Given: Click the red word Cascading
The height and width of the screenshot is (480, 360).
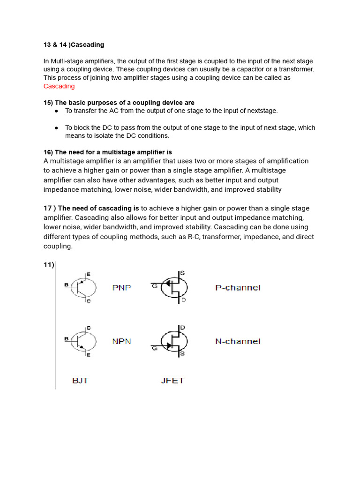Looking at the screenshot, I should [x=59, y=86].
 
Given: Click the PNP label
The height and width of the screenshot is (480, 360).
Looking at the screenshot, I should [x=122, y=287].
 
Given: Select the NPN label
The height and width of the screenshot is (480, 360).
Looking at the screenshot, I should [x=122, y=341].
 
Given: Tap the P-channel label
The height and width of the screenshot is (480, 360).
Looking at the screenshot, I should [x=238, y=287].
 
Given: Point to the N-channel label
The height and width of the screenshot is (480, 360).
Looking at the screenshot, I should [x=238, y=341].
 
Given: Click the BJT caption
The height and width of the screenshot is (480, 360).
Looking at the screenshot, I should [x=80, y=380].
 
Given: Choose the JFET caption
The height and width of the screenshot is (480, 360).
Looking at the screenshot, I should [x=172, y=380].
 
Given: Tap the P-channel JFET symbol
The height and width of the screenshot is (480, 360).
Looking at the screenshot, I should [x=174, y=287].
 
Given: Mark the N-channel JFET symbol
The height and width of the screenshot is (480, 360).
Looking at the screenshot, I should [x=174, y=341].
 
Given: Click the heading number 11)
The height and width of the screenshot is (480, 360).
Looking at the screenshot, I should [x=49, y=265].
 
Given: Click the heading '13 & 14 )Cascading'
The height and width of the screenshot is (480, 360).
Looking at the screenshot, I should [x=74, y=45].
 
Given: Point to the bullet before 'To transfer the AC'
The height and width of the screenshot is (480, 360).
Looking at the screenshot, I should [x=56, y=111].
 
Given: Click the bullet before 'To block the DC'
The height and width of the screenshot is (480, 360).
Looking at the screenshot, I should [x=56, y=127].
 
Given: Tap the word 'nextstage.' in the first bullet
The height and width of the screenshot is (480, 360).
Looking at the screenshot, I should [x=262, y=111].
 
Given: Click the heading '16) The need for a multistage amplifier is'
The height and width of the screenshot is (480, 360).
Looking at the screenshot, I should [x=108, y=152].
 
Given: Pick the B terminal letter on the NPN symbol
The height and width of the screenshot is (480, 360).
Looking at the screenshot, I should [x=66, y=338].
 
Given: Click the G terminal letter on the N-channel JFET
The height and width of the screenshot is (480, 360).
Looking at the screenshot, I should [x=153, y=348].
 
